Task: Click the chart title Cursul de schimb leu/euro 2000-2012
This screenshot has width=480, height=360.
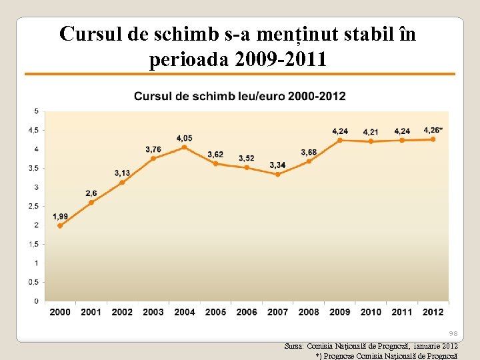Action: point(240,96)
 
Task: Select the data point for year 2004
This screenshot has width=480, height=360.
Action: point(185,147)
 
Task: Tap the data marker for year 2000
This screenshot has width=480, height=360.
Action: point(60,225)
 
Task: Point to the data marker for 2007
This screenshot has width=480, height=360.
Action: point(278,174)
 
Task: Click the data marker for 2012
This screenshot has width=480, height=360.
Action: point(433,139)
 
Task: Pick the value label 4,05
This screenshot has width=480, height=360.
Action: point(185,138)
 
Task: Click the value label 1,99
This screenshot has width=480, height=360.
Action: point(60,216)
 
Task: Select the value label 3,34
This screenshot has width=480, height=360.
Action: point(277,165)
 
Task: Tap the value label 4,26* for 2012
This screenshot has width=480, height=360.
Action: point(433,130)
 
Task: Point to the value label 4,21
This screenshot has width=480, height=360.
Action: point(371,132)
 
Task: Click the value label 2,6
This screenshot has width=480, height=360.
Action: point(91,193)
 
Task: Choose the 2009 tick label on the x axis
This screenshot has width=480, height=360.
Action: point(340,312)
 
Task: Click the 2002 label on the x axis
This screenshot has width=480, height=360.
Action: point(122,312)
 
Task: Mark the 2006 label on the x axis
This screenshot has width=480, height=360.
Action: point(247,312)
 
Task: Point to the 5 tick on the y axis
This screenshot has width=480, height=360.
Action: point(36,111)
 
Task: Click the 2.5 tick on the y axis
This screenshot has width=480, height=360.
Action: point(33,206)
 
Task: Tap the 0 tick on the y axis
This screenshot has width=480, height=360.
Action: point(36,301)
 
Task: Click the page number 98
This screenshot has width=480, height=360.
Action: point(453,333)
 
